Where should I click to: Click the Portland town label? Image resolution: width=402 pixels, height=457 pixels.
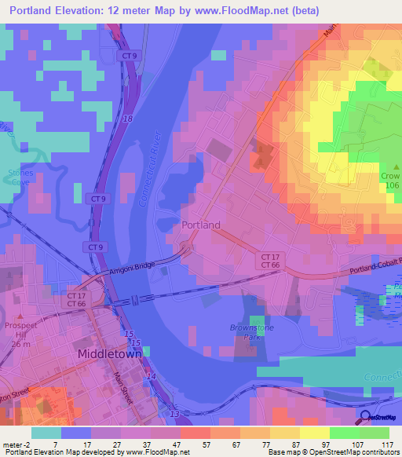tap(201, 225)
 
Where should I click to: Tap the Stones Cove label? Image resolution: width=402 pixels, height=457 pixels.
tap(20, 175)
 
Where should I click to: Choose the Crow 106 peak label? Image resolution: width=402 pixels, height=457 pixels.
tap(390, 181)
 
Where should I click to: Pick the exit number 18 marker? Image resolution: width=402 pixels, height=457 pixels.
tap(128, 118)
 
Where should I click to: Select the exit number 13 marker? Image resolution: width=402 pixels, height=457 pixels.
tap(174, 414)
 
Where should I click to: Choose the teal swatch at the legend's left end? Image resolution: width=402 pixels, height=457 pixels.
tap(46, 432)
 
